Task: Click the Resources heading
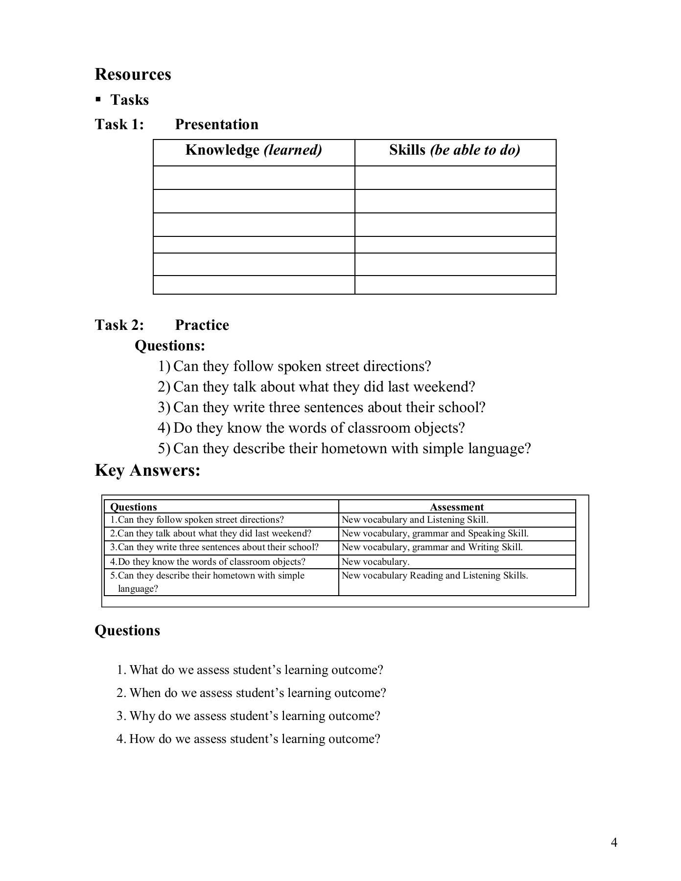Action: pyautogui.click(x=133, y=74)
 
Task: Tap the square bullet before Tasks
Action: pyautogui.click(x=98, y=100)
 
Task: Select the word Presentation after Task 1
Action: pyautogui.click(x=216, y=124)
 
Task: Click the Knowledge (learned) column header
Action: pyautogui.click(x=254, y=150)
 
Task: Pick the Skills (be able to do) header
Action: pyautogui.click(x=454, y=150)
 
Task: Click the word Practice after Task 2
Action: pyautogui.click(x=202, y=325)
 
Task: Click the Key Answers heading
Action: pyautogui.click(x=147, y=470)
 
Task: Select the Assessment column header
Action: pyautogui.click(x=457, y=507)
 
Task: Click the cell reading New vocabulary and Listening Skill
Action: pyautogui.click(x=415, y=520)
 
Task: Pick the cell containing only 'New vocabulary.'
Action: pyautogui.click(x=376, y=562)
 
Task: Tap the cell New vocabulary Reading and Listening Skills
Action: pyautogui.click(x=435, y=576)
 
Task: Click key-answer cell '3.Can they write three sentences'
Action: pyautogui.click(x=214, y=547)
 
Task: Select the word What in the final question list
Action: pyautogui.click(x=144, y=670)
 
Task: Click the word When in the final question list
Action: pyautogui.click(x=145, y=693)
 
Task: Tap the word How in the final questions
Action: pyautogui.click(x=142, y=739)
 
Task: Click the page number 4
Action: pyautogui.click(x=614, y=842)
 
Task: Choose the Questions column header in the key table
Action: pyautogui.click(x=134, y=507)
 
